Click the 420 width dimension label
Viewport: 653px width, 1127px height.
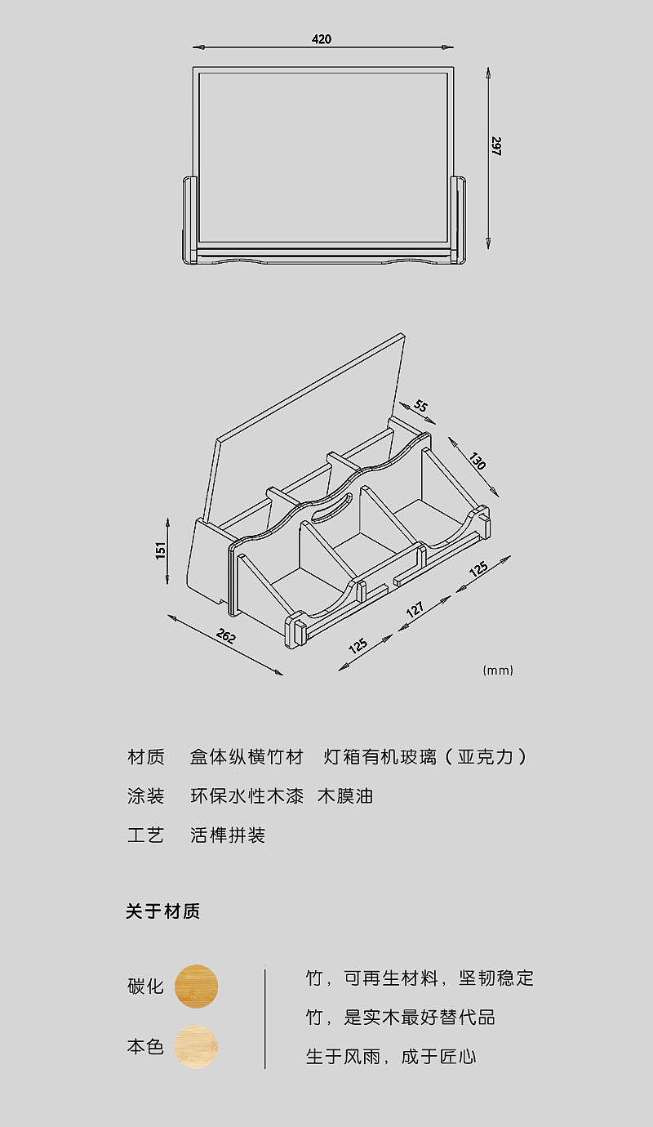coord(322,38)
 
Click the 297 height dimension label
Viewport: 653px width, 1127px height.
coord(496,146)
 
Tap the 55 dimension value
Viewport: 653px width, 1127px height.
coord(421,406)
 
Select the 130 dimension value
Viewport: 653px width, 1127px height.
coord(477,461)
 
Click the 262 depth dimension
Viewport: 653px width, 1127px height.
coord(226,636)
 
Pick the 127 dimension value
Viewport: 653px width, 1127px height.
coord(415,609)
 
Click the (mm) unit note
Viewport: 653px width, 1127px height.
coord(498,670)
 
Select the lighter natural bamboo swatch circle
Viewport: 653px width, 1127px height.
coord(196,1047)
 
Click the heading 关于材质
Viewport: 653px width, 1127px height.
coord(163,911)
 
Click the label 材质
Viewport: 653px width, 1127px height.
coord(146,757)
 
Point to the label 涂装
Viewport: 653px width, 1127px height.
coord(146,796)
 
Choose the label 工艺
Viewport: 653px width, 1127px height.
coord(146,835)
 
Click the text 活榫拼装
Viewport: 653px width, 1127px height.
coord(228,835)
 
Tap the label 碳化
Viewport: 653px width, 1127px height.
coord(146,987)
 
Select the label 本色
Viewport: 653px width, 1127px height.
coord(146,1047)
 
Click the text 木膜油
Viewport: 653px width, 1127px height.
coord(345,796)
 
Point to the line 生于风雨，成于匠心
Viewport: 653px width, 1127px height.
coord(391,1057)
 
